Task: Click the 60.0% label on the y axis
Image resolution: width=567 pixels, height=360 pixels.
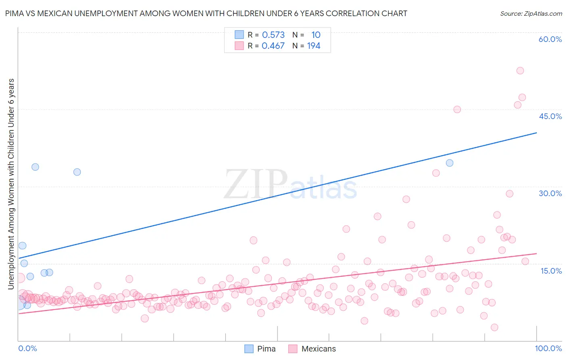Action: (550, 39)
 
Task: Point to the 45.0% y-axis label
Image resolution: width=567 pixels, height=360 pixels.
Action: (550, 116)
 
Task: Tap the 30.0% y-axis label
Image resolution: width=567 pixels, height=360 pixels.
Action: (550, 193)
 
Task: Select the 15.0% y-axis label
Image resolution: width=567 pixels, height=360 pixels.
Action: (551, 271)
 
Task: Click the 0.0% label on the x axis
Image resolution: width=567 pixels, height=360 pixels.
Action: (27, 348)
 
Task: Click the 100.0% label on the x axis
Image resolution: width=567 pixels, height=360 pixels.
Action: (548, 348)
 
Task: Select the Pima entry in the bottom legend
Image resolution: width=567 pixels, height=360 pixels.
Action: (266, 349)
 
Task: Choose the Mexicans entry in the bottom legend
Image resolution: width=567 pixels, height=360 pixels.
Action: (318, 349)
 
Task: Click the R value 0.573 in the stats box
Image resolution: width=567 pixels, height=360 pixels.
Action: (273, 35)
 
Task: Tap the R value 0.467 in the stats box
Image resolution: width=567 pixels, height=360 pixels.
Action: (273, 46)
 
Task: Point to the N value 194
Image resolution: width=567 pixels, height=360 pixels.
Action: (313, 46)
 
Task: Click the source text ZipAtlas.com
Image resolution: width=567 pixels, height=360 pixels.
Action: (531, 13)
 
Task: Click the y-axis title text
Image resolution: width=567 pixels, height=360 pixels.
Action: (11, 184)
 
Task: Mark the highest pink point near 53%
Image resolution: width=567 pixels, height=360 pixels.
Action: (520, 71)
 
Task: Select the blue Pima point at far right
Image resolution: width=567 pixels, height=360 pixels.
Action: (449, 163)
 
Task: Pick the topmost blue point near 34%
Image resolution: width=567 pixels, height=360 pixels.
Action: (35, 167)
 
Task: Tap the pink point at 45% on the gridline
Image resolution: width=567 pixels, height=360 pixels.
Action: (457, 109)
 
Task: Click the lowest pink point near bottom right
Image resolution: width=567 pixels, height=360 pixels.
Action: (494, 327)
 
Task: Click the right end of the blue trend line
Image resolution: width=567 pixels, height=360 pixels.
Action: (536, 132)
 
